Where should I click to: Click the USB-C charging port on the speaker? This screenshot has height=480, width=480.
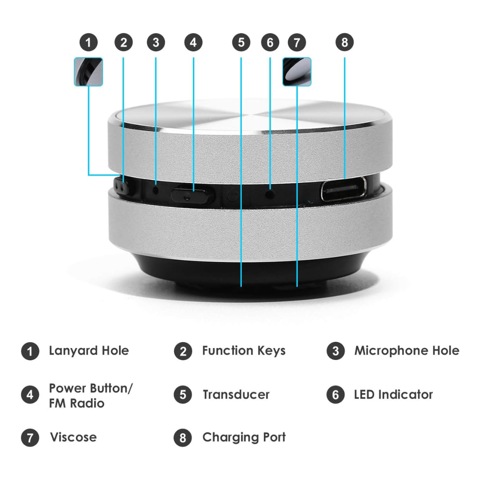pos(344,189)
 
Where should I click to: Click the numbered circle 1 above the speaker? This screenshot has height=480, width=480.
pos(89,43)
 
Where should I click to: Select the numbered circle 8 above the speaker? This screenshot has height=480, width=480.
pos(344,43)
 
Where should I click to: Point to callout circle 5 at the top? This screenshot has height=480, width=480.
pos(241,43)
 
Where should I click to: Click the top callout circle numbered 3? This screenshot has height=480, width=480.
pos(156,43)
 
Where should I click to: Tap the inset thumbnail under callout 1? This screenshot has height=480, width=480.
pos(88,72)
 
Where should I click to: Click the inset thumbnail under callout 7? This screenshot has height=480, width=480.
pos(297,72)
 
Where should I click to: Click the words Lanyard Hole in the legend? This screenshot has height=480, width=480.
pos(89,351)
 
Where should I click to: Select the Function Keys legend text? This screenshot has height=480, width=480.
pos(244,351)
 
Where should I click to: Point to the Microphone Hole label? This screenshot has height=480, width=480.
pos(407,351)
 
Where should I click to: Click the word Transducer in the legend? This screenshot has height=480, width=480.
pos(236,395)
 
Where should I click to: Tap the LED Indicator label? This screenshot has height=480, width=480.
pos(393,395)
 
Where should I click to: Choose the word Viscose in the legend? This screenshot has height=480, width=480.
pos(73,437)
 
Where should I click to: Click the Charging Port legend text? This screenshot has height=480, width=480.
pos(244,437)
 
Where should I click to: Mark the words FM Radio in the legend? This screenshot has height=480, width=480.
pos(76,404)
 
